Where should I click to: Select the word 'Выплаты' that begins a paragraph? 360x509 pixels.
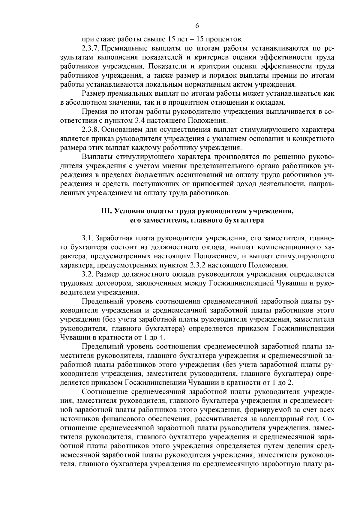95,157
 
